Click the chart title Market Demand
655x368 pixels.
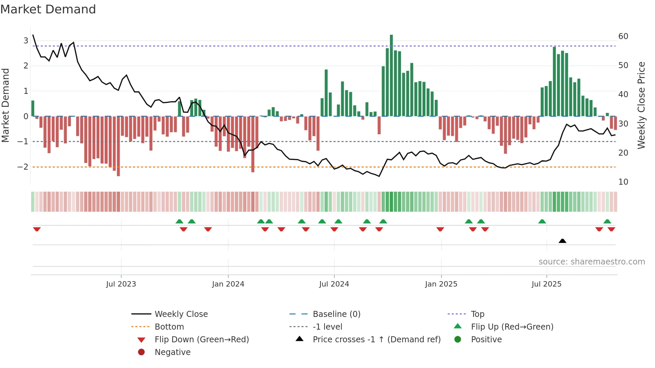point(48,9)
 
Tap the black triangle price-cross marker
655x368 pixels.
point(562,241)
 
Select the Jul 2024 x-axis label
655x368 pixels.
point(334,284)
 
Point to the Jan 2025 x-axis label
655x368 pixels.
point(441,284)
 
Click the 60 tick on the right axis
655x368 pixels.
point(623,36)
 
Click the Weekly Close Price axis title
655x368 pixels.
point(641,105)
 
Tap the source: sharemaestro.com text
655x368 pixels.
point(592,262)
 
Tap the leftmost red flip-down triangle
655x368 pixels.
point(37,229)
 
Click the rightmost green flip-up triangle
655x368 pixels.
point(607,221)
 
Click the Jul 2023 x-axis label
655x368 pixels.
point(121,284)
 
